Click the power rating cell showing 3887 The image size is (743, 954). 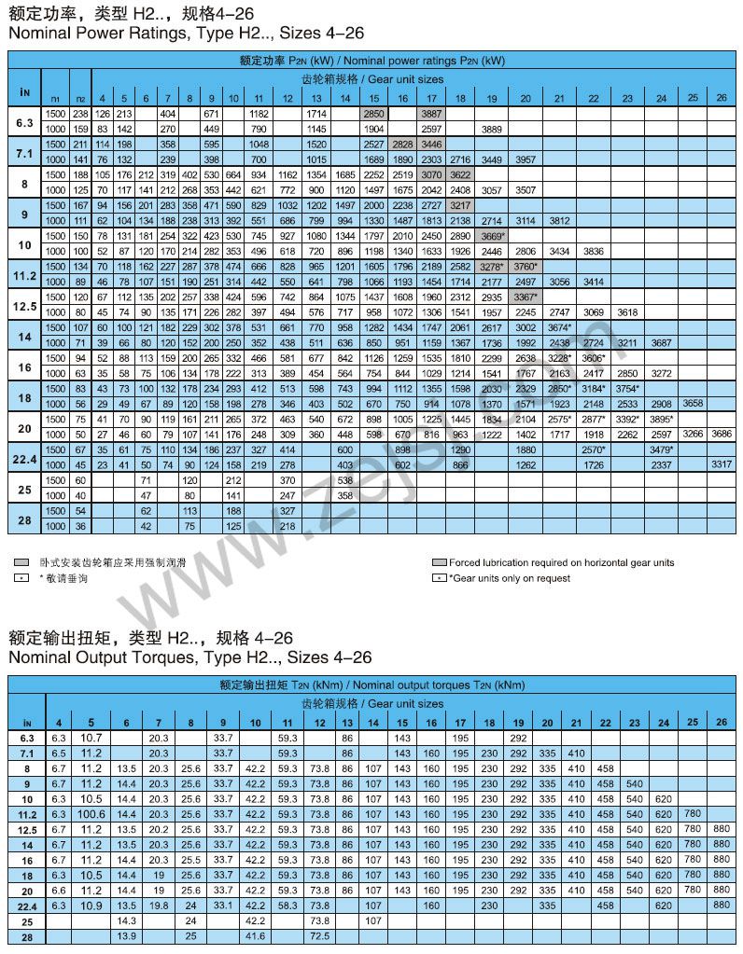431,114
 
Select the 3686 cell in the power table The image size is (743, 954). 721,434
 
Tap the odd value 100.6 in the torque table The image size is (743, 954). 91,814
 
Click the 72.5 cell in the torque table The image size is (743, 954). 318,935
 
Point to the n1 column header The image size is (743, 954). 55,98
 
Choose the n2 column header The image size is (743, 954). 79,98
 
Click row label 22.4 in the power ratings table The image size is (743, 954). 25,457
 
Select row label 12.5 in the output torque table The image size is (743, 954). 27,829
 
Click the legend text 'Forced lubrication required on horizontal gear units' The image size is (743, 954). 561,562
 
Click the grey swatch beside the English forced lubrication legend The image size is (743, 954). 439,562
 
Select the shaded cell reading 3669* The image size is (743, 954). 492,236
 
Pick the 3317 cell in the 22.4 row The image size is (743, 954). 721,463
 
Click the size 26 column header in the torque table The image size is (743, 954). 721,722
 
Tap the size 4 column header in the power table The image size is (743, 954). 102,98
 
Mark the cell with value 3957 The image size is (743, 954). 525,159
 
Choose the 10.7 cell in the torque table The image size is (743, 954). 91,738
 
